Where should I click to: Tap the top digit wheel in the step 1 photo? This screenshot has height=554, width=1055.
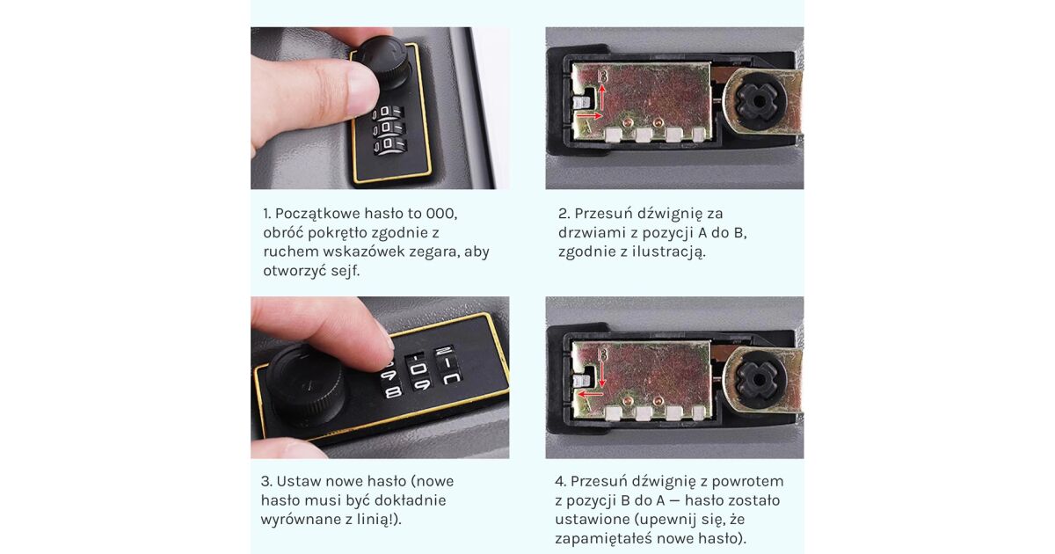pyautogui.click(x=388, y=113)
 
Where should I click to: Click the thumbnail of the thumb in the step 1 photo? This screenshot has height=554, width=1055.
pyautogui.click(x=361, y=84)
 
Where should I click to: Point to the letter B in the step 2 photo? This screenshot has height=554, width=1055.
pyautogui.click(x=603, y=76)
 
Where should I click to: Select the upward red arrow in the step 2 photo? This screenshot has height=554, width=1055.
pyautogui.click(x=602, y=97)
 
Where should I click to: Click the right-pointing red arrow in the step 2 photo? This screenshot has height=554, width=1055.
pyautogui.click(x=590, y=115)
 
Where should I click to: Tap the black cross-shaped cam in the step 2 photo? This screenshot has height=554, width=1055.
pyautogui.click(x=758, y=101)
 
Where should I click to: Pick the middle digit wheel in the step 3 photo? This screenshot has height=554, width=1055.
pyautogui.click(x=418, y=370)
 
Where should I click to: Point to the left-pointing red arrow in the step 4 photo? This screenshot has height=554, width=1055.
pyautogui.click(x=591, y=394)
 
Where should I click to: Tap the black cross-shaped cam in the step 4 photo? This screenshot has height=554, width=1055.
pyautogui.click(x=758, y=379)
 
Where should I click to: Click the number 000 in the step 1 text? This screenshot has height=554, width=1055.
pyautogui.click(x=441, y=214)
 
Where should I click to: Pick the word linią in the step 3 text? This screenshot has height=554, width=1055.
pyautogui.click(x=378, y=520)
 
